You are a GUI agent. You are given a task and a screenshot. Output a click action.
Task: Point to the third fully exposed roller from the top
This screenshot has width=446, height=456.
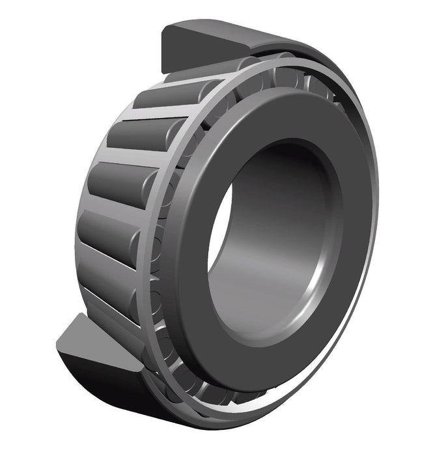117,179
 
